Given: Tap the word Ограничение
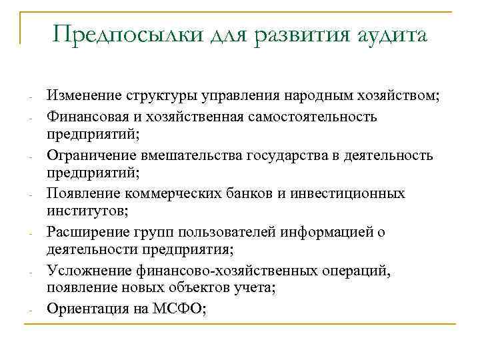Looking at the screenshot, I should pos(89,155).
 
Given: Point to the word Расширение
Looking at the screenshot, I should pos(85,233).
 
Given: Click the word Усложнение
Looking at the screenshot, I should pos(85,271).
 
